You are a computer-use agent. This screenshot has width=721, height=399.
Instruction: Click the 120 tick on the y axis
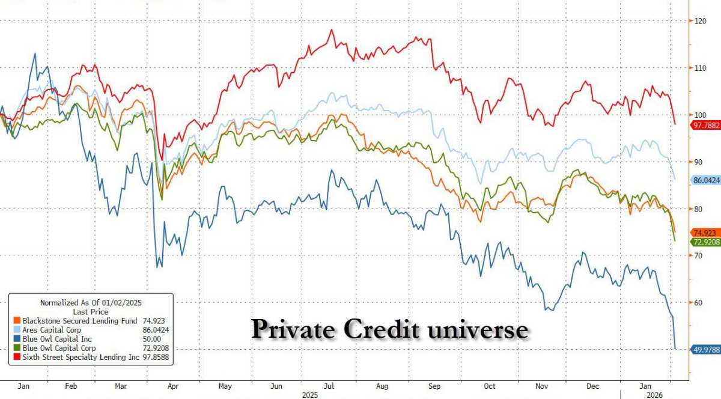(699, 20)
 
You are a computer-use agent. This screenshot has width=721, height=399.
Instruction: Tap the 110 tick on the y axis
(699, 67)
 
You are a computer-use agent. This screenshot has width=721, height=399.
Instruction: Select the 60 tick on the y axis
(699, 302)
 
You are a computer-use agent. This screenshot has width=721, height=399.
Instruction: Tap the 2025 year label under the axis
(310, 395)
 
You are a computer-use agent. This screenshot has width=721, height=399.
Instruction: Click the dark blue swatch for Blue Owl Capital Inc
(17, 339)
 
